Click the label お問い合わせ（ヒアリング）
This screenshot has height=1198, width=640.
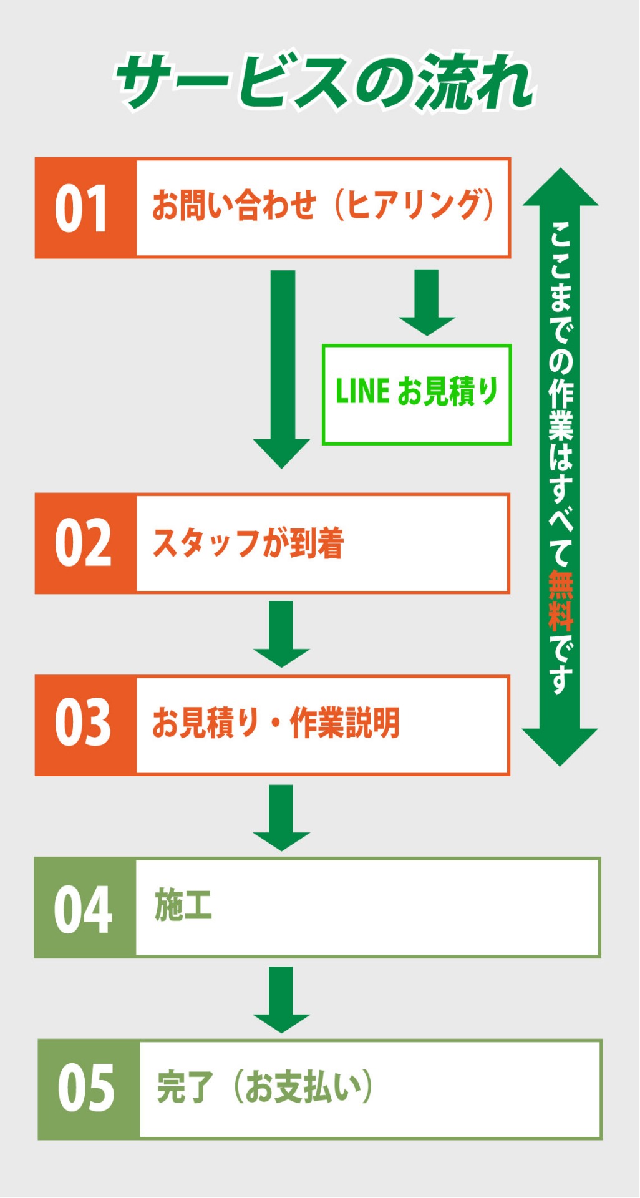click(x=323, y=206)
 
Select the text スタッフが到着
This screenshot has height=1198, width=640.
click(x=248, y=543)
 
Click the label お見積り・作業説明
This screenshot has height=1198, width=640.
click(x=276, y=723)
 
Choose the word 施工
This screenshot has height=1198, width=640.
click(x=183, y=905)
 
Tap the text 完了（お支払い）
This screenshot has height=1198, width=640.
click(x=264, y=1088)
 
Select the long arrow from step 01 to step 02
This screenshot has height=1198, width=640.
click(x=282, y=368)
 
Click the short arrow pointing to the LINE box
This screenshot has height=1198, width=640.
click(x=427, y=302)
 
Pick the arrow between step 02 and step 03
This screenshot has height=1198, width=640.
click(x=281, y=633)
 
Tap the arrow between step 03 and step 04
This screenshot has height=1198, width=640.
click(x=281, y=817)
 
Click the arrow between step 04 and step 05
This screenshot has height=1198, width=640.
click(x=281, y=999)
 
